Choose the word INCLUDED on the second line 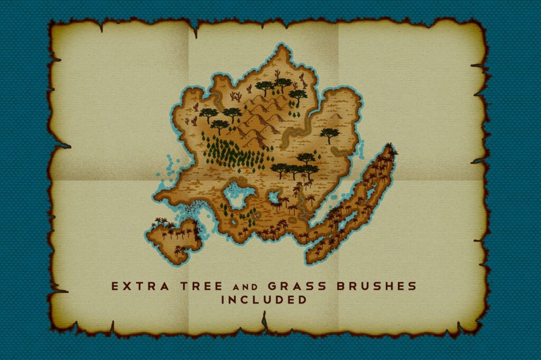pos(264,300)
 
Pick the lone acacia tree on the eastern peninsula pos(330,134)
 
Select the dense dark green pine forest pos(232,153)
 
